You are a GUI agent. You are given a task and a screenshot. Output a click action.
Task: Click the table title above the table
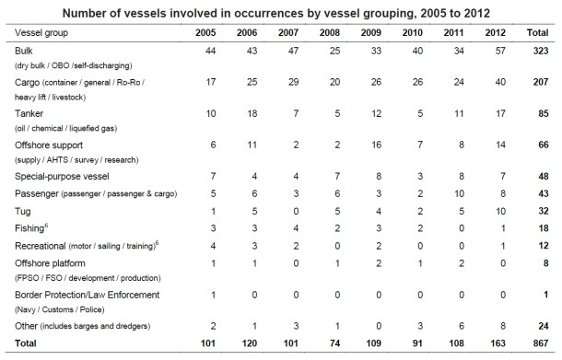pos(280,11)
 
